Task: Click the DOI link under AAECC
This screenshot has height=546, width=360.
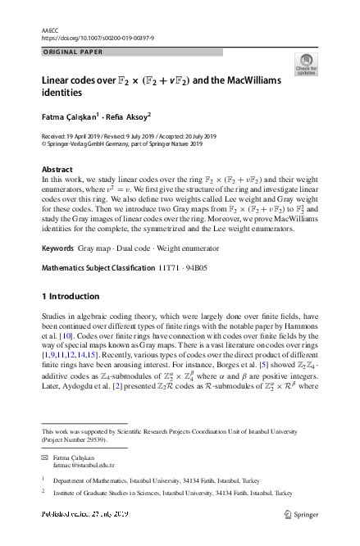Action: (96, 38)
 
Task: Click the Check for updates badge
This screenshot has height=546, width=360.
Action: (307, 65)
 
